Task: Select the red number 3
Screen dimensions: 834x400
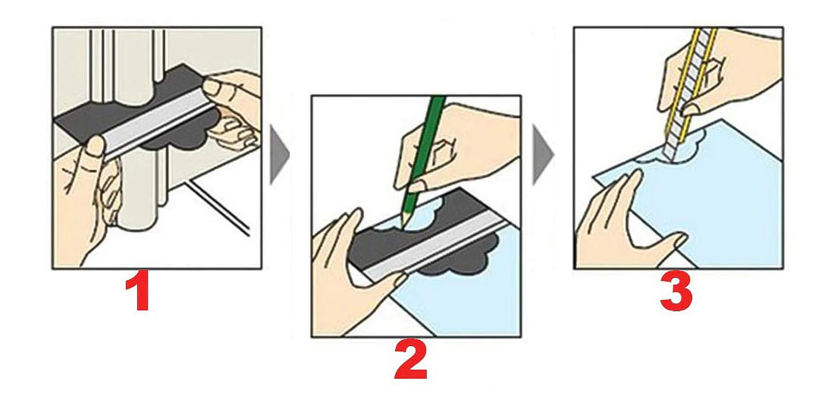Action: [676, 292]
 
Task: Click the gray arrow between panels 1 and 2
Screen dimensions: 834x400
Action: [279, 155]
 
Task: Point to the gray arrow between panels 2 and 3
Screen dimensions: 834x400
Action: [543, 155]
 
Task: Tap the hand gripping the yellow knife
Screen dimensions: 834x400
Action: [718, 74]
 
